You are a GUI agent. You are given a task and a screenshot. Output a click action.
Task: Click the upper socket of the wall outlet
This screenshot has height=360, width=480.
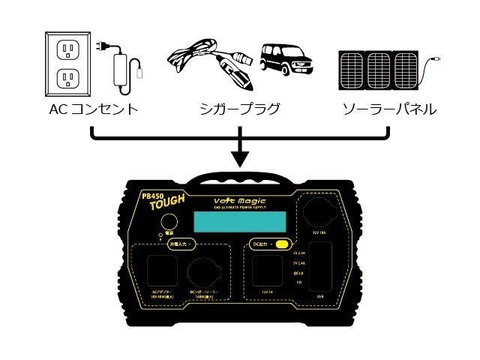70,51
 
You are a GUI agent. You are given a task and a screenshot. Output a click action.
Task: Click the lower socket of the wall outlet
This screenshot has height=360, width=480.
70,77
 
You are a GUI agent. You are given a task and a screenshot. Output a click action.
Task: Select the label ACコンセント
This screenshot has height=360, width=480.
92,109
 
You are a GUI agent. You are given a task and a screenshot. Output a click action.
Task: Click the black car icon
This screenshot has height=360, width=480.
285,57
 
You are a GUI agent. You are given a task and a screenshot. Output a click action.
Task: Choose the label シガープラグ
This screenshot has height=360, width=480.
240,109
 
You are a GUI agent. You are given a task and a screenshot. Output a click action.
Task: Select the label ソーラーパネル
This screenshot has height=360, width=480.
388,109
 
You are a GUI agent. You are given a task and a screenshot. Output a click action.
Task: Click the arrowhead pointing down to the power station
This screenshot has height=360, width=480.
240,158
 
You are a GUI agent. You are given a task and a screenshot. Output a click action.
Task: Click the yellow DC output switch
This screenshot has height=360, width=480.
283,244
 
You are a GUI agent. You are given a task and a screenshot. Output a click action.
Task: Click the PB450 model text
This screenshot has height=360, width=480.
153,196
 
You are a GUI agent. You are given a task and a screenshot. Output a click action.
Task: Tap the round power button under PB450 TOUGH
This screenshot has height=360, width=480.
169,222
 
